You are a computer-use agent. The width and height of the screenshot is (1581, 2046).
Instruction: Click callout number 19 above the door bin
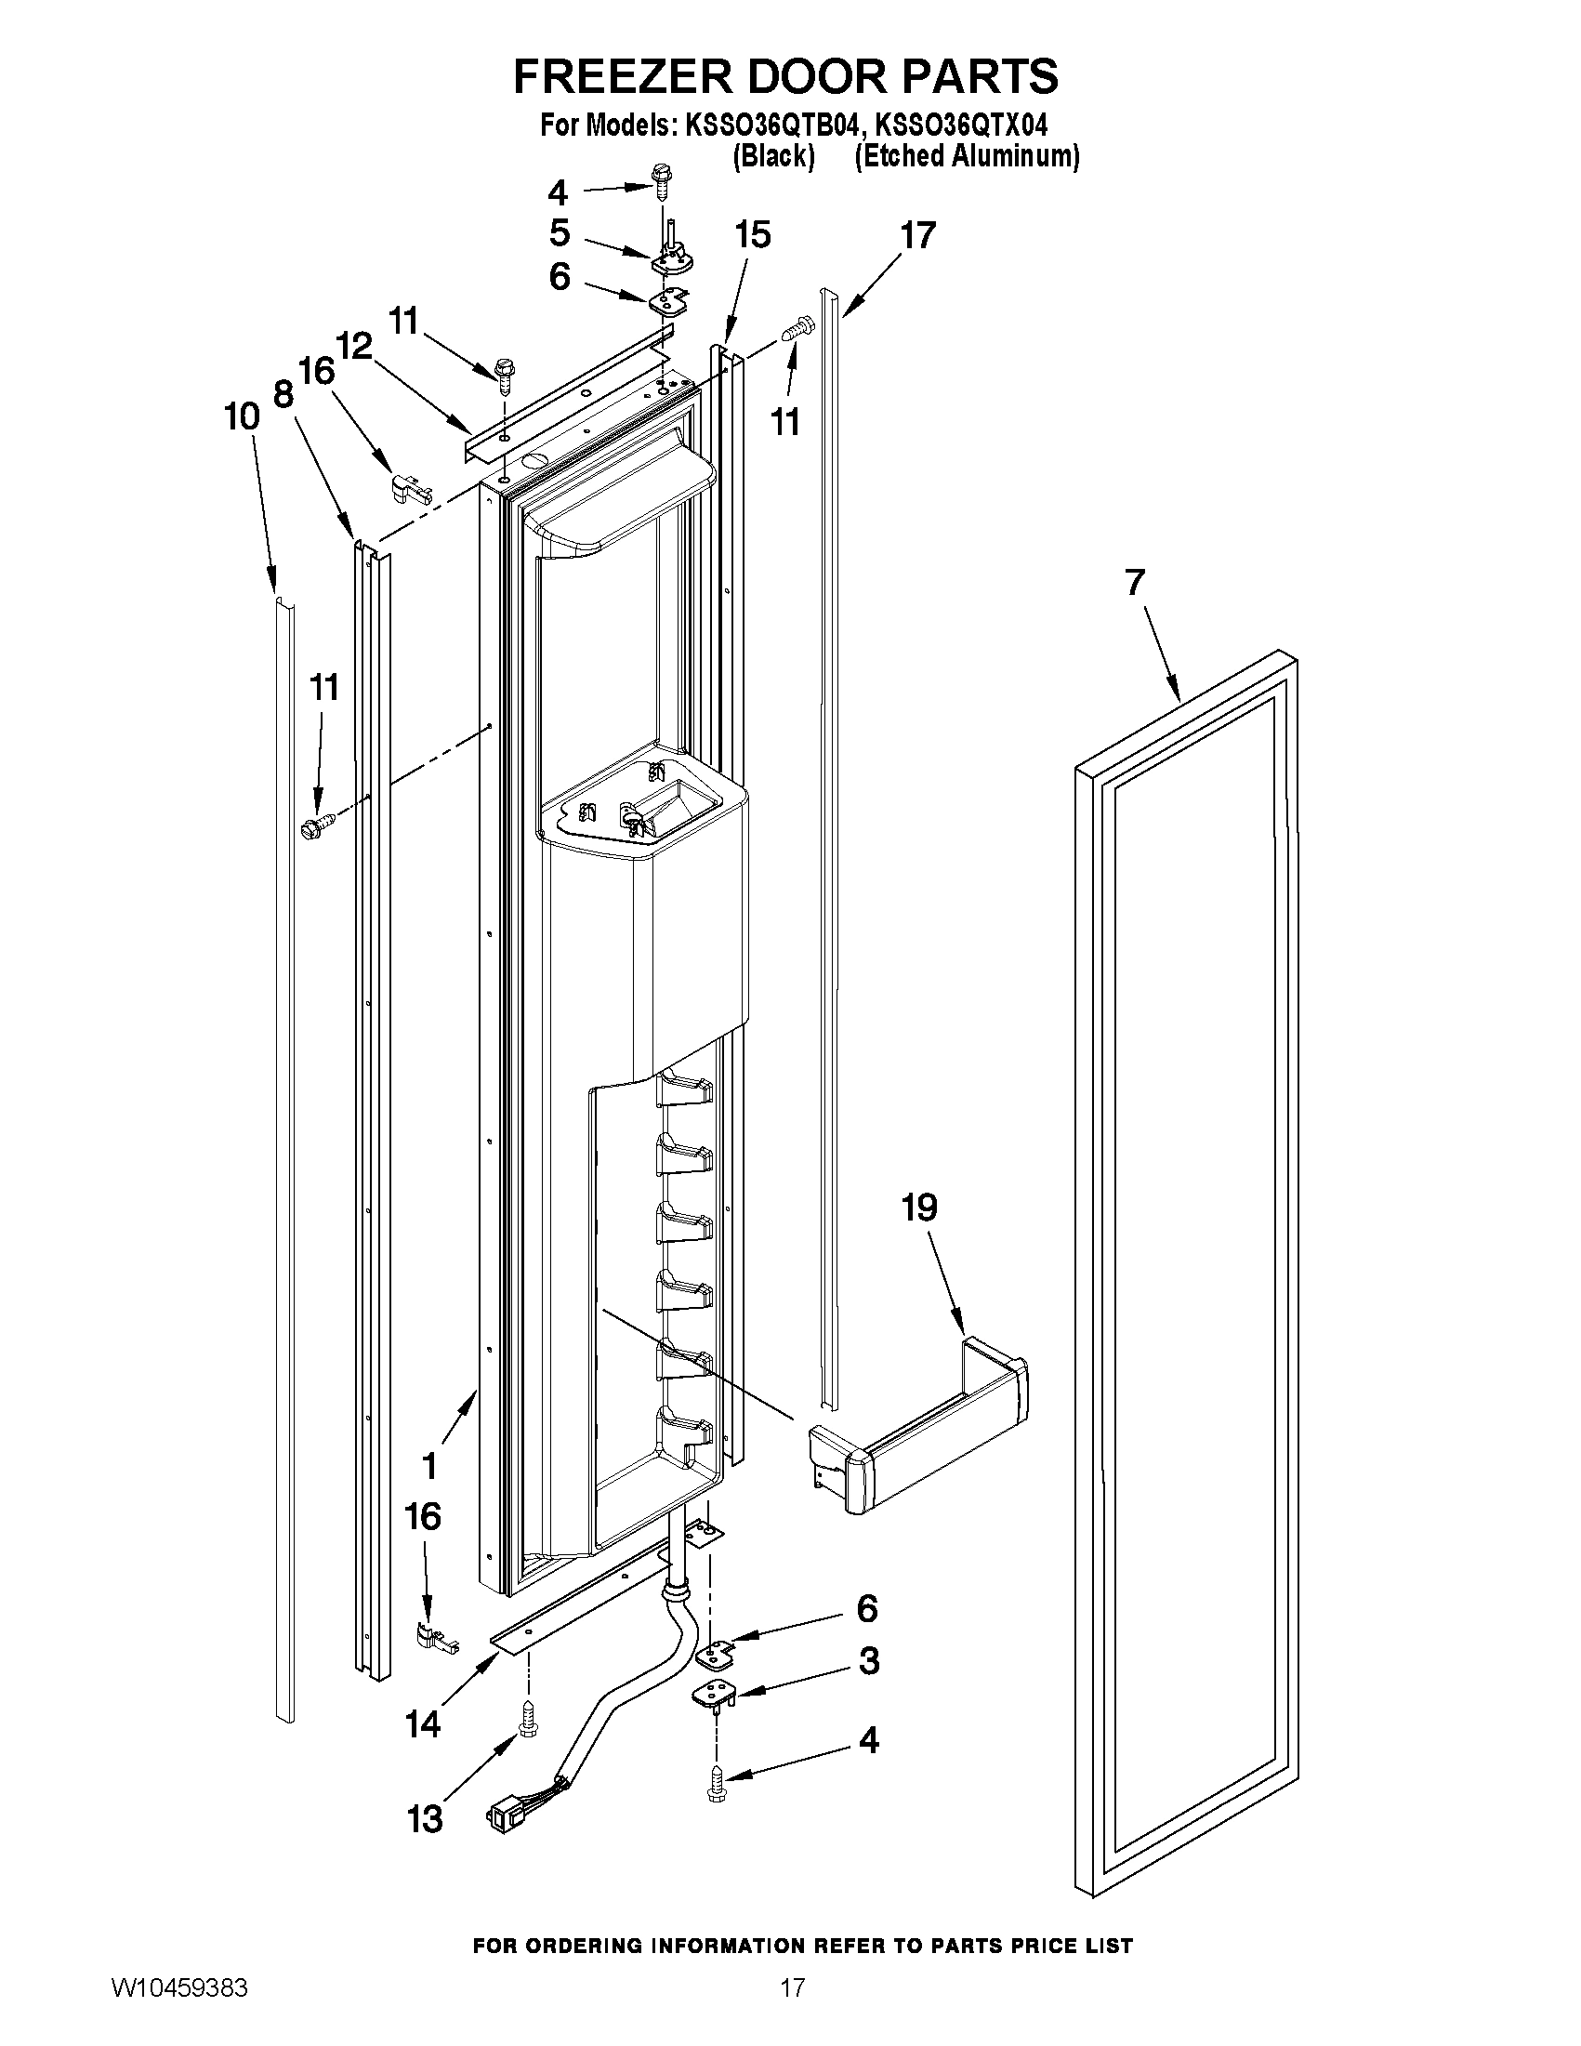pos(919,1208)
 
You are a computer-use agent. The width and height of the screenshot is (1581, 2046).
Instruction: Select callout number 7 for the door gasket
pos(1134,583)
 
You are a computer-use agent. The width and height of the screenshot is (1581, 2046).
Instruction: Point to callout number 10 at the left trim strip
pos(242,416)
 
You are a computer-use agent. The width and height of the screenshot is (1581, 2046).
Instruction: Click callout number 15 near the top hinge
pos(752,234)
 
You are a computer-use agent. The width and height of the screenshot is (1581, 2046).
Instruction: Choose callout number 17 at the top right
pos(918,234)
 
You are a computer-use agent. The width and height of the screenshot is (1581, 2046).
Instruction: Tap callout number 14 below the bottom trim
pos(422,1722)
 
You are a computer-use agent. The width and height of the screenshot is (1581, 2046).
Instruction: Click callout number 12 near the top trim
pos(354,347)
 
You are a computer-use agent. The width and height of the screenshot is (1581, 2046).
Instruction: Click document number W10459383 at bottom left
pos(178,2007)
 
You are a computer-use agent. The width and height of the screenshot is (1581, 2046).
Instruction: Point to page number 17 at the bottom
pos(792,2007)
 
